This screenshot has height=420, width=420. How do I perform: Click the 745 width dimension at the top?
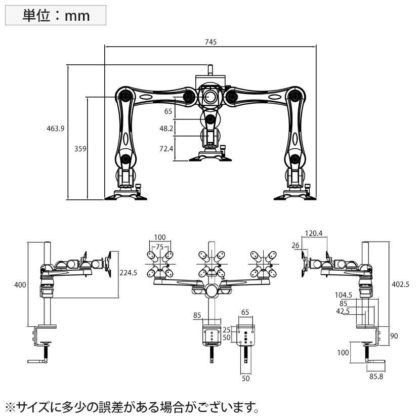point(211,43)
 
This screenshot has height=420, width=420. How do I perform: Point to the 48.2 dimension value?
point(166,129)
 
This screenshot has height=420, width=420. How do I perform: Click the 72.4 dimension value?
point(166,149)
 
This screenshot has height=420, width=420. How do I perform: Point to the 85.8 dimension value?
point(375,376)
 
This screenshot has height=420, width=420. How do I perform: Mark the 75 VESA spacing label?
point(160,247)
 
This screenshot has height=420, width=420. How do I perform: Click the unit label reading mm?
point(56,16)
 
